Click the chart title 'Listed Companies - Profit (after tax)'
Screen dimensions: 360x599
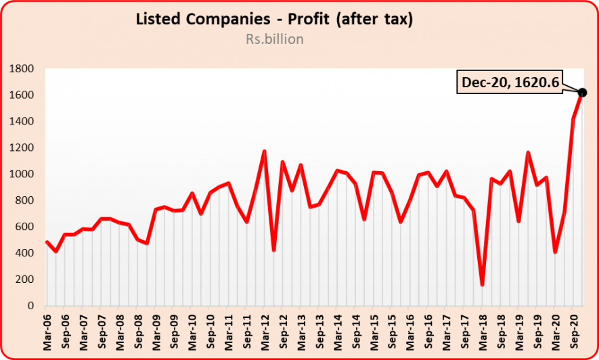tap(274, 20)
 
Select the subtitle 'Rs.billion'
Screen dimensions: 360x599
tap(274, 39)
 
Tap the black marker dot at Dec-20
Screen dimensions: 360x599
tap(583, 92)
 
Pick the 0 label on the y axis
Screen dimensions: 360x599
tap(30, 306)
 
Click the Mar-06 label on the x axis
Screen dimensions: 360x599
tap(47, 331)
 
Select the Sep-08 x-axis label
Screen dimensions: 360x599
tap(138, 331)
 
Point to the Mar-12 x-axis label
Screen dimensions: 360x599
tap(264, 331)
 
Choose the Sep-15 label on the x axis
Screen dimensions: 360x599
tap(391, 331)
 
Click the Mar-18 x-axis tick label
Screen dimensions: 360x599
tap(483, 331)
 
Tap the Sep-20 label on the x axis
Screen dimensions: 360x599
tap(574, 331)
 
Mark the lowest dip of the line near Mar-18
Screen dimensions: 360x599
tap(483, 285)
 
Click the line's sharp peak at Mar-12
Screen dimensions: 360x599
tap(264, 152)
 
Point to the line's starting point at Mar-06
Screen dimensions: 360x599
tap(47, 242)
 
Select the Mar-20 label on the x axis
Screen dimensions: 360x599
tap(556, 331)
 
